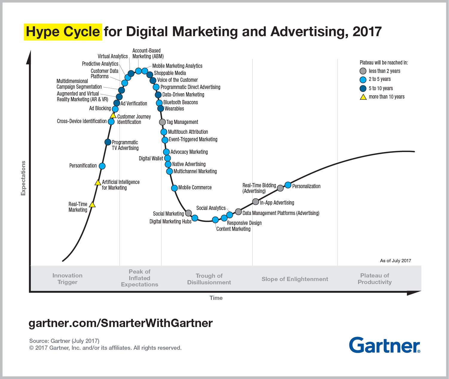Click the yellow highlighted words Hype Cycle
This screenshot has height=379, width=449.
pyautogui.click(x=63, y=32)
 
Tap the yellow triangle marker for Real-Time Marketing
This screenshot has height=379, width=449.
pyautogui.click(x=92, y=205)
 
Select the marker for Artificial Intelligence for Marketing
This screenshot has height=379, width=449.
pyautogui.click(x=98, y=182)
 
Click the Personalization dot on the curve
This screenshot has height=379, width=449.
pyautogui.click(x=288, y=185)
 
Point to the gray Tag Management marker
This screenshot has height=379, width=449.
pyautogui.click(x=162, y=122)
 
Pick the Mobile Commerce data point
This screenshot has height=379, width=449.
pyautogui.click(x=174, y=188)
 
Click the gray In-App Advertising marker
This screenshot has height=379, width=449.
pyautogui.click(x=255, y=202)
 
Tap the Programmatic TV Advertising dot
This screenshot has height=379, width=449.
pyautogui.click(x=108, y=142)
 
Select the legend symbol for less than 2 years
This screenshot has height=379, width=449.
pyautogui.click(x=363, y=71)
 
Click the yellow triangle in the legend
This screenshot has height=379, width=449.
pyautogui.click(x=363, y=97)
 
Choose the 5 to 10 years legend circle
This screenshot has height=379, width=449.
pyautogui.click(x=363, y=88)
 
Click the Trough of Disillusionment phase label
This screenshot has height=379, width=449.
pyautogui.click(x=209, y=279)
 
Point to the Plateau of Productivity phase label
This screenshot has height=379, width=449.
pyautogui.click(x=375, y=279)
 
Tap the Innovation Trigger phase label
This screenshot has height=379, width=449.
pyautogui.click(x=67, y=279)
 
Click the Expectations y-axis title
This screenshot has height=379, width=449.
pyautogui.click(x=23, y=178)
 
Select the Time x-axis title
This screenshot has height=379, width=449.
pyautogui.click(x=216, y=298)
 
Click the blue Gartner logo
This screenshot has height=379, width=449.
pyautogui.click(x=384, y=345)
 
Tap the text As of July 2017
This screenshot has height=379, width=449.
pyautogui.click(x=395, y=261)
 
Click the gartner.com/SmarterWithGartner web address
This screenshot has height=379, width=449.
pyautogui.click(x=121, y=323)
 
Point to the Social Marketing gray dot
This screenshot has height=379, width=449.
pyautogui.click(x=188, y=213)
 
